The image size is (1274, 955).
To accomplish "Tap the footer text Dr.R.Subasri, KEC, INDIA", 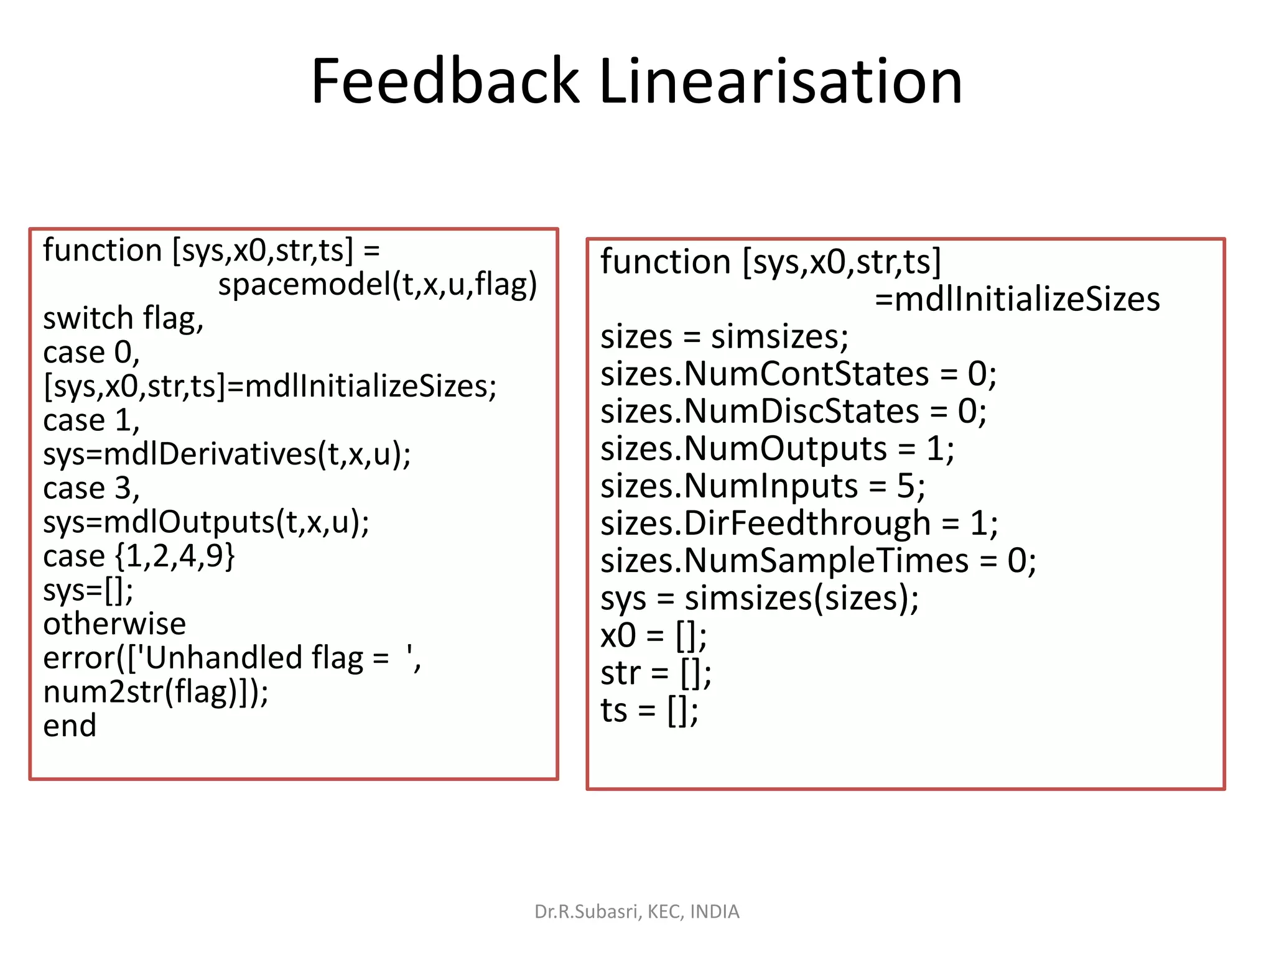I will click(x=636, y=911).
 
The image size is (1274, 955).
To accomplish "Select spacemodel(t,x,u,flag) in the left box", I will click(x=377, y=284).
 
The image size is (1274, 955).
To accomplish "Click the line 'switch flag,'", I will click(x=123, y=318).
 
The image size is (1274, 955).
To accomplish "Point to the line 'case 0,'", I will click(x=91, y=353).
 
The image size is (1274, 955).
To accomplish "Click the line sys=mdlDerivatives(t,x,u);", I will click(x=227, y=454).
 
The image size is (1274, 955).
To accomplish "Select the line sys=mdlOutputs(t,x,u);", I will click(x=206, y=522).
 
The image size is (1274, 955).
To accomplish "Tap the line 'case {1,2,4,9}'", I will click(x=139, y=556).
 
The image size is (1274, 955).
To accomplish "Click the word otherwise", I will click(x=114, y=624).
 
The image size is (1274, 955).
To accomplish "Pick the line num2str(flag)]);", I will click(x=156, y=692).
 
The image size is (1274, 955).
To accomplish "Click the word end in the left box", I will click(x=70, y=726).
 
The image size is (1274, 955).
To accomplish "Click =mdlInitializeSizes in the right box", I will click(x=1017, y=299).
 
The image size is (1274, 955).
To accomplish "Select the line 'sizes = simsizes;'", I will click(x=724, y=337).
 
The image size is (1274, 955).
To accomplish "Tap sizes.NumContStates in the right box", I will click(x=765, y=374).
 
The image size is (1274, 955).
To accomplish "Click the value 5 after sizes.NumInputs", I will click(x=905, y=486).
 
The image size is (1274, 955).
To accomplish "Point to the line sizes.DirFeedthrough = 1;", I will click(x=799, y=524).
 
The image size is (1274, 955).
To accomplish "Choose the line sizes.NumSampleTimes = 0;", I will click(x=818, y=561).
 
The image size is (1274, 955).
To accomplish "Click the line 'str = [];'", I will click(x=656, y=673).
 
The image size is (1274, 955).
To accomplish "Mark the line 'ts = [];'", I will click(x=649, y=711).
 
